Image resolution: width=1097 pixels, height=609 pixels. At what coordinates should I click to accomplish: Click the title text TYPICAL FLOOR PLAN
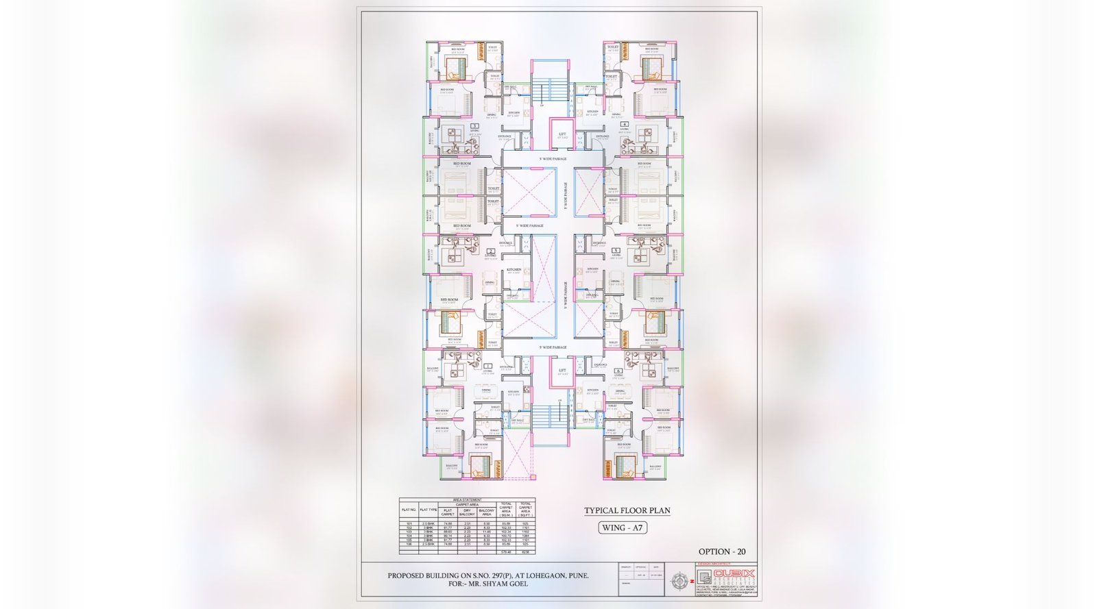click(627, 510)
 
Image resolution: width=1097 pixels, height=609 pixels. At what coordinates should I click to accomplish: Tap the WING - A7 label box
click(623, 527)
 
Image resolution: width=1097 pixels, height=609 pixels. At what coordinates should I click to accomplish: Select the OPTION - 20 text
click(722, 551)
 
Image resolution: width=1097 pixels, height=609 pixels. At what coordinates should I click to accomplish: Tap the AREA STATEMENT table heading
click(467, 500)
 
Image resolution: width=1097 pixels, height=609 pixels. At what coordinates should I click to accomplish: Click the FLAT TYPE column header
click(429, 510)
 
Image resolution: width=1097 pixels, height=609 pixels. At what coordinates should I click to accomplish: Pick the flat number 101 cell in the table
click(409, 523)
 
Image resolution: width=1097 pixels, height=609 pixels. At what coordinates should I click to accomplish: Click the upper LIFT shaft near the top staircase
click(562, 135)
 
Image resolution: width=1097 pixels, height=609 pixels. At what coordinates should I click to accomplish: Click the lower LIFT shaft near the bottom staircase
click(562, 371)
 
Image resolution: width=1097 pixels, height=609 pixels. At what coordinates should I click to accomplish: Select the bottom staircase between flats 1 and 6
click(550, 417)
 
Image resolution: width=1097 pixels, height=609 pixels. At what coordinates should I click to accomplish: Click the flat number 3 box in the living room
click(474, 126)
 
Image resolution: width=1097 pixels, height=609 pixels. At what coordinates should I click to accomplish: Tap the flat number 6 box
click(618, 371)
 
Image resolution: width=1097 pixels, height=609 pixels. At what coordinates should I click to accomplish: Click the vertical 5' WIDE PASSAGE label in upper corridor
click(566, 195)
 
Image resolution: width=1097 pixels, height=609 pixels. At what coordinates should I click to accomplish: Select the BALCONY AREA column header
click(486, 511)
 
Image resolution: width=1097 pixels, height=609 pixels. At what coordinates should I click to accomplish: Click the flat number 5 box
click(616, 251)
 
